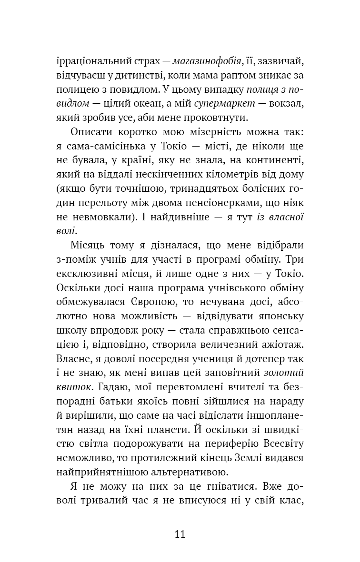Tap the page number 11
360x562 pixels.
[x=180, y=533]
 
